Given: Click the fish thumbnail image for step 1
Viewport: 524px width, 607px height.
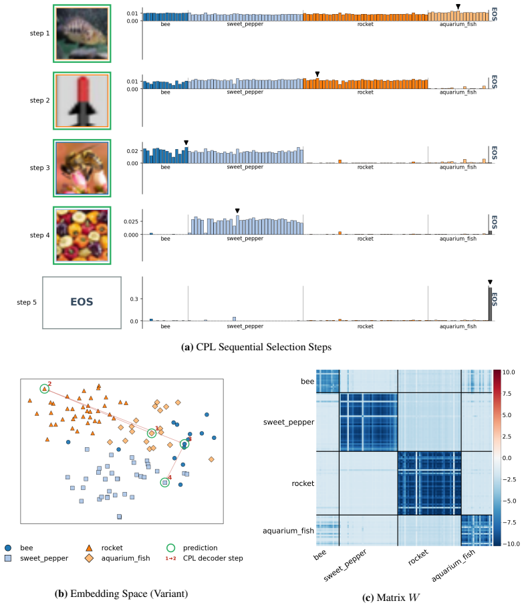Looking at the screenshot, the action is pyautogui.click(x=82, y=33).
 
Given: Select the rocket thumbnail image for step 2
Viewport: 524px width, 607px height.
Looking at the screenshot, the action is pyautogui.click(x=82, y=101).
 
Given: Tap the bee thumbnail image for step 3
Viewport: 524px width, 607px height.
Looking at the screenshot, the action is pyautogui.click(x=82, y=168).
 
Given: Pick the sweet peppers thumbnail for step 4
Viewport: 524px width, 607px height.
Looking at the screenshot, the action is pyautogui.click(x=82, y=235).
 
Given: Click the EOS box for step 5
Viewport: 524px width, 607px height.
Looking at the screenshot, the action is pyautogui.click(x=82, y=303).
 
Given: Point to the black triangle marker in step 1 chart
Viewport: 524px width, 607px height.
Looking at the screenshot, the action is pyautogui.click(x=458, y=7).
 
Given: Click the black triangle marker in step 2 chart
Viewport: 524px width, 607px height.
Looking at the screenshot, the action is pyautogui.click(x=317, y=74).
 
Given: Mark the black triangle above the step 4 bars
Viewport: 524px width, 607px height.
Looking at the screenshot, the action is pyautogui.click(x=237, y=211).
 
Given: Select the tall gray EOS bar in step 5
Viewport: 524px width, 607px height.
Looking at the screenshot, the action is pyautogui.click(x=490, y=304).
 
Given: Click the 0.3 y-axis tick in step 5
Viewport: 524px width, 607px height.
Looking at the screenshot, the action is pyautogui.click(x=134, y=299).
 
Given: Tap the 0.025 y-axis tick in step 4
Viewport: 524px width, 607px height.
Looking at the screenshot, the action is pyautogui.click(x=131, y=221).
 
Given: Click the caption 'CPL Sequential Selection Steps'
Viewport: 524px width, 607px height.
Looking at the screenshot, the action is pyautogui.click(x=263, y=347).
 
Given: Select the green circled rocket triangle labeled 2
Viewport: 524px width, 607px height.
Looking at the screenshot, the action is pyautogui.click(x=45, y=388).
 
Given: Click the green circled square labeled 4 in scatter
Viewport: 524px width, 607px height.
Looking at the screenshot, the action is pyautogui.click(x=165, y=483).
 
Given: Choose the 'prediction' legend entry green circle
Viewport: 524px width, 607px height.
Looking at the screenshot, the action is pyautogui.click(x=170, y=548).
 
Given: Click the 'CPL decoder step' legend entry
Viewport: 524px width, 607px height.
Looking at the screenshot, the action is pyautogui.click(x=213, y=558).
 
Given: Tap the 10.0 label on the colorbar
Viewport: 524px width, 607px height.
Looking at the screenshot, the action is pyautogui.click(x=509, y=372).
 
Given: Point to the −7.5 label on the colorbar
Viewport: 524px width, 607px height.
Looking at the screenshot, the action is pyautogui.click(x=509, y=522).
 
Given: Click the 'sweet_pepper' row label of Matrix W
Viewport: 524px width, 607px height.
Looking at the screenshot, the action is pyautogui.click(x=289, y=422).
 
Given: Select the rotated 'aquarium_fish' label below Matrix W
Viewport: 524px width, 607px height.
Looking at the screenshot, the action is pyautogui.click(x=453, y=566).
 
